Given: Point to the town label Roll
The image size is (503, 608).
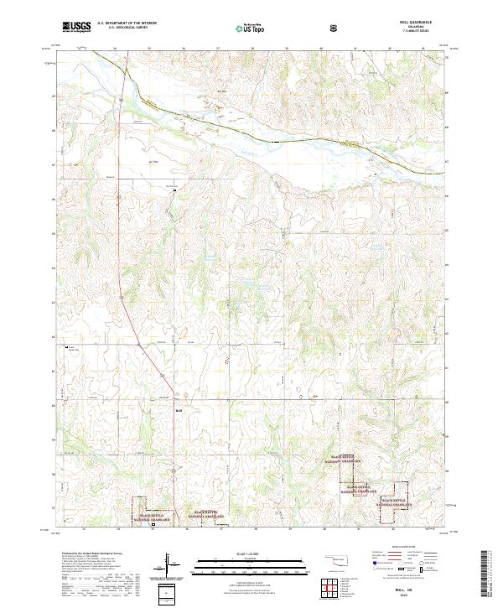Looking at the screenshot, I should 179,410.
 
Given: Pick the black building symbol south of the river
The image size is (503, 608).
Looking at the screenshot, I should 174,190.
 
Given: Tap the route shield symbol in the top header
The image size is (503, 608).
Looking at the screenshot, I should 334,27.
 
